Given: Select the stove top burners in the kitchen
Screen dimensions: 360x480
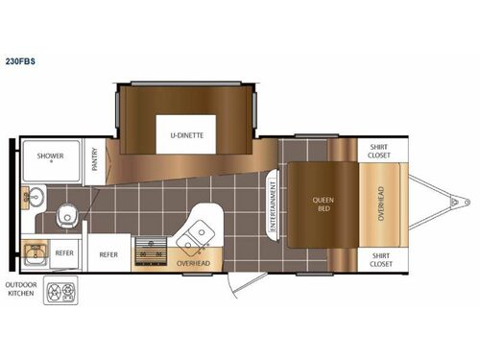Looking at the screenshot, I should click(148, 252).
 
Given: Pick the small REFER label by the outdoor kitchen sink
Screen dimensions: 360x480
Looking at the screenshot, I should click(64, 253).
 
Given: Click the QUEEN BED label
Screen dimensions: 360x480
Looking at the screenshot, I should click(322, 205).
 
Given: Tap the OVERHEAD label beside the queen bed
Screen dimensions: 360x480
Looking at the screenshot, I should click(380, 204).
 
